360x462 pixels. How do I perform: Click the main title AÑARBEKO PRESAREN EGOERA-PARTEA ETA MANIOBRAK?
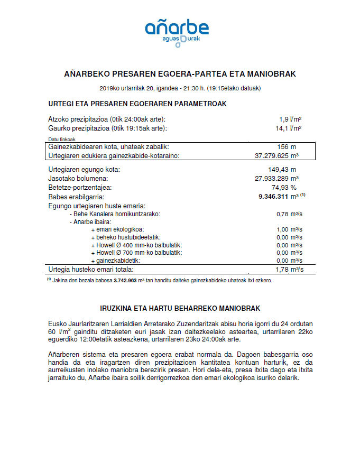pos(180,73)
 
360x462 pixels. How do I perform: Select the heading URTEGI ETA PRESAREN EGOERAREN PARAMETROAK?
pos(137,104)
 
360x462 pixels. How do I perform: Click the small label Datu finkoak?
pos(60,139)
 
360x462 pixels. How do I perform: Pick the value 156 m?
pos(287,146)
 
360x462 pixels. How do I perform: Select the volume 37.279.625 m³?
pos(277,155)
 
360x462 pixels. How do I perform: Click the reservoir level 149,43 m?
pos(283,170)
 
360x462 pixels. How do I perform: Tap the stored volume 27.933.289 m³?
pos(277,179)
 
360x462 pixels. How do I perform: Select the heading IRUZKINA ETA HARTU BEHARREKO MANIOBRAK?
pos(180,308)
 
